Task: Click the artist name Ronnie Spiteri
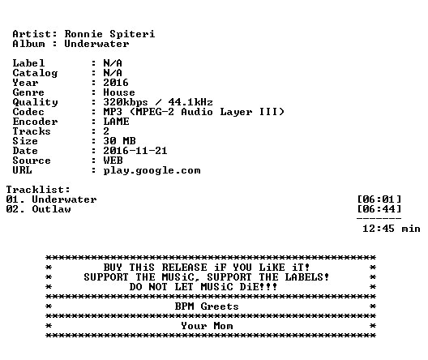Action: click(109, 34)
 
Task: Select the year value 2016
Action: click(116, 83)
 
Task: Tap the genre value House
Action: click(119, 92)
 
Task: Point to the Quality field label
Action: click(35, 103)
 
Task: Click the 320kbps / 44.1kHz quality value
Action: click(158, 102)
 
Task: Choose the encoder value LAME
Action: click(116, 122)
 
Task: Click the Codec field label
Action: click(28, 112)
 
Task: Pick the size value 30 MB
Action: click(119, 141)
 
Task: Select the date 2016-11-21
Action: click(135, 151)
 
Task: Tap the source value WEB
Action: click(113, 161)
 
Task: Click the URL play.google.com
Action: click(152, 170)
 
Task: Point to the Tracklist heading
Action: click(38, 190)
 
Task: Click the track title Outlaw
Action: click(52, 209)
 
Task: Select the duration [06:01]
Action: click(379, 199)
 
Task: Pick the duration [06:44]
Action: click(379, 209)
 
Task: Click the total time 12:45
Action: click(379, 229)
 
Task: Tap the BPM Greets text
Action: click(207, 306)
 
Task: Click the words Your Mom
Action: click(207, 326)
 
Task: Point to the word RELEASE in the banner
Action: click(184, 268)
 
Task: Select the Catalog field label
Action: click(35, 73)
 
